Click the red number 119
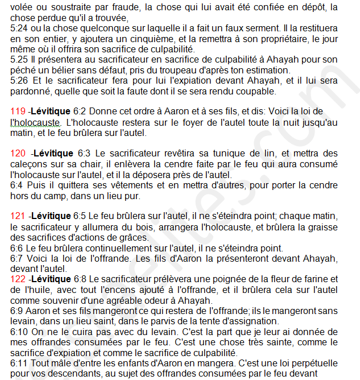(19, 110)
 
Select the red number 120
(19, 153)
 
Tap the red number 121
(19, 216)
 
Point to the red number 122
(19, 279)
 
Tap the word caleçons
(28, 164)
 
